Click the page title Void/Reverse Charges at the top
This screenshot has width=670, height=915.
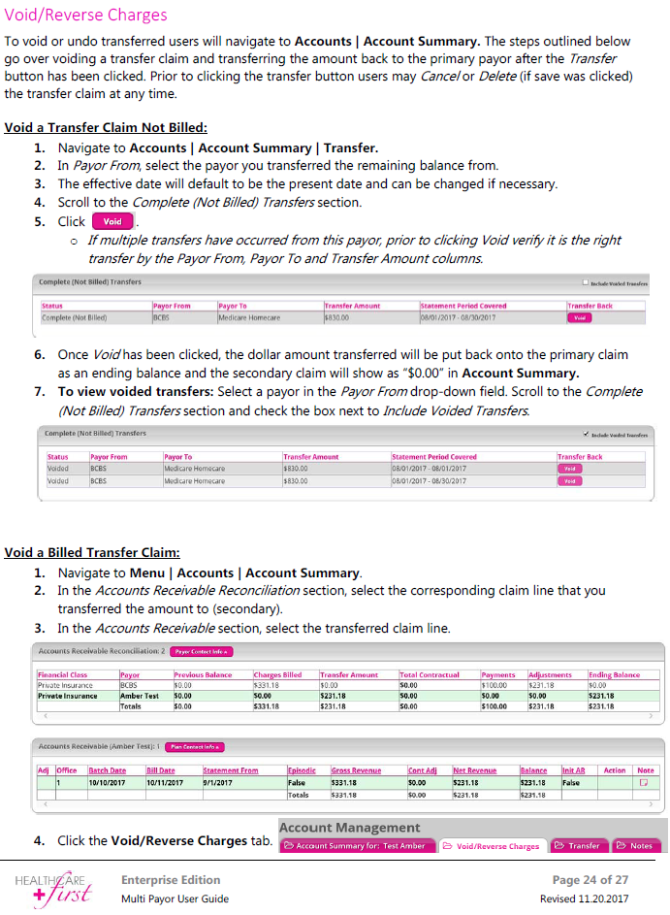pos(86,15)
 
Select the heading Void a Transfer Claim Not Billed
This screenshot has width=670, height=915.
pos(106,127)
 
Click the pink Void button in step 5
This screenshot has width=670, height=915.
pos(112,221)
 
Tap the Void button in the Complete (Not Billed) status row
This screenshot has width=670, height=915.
pos(579,317)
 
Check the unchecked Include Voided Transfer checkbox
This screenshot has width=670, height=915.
pos(586,282)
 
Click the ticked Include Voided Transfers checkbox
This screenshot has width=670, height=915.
pos(586,434)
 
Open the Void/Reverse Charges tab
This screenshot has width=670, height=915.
pos(492,846)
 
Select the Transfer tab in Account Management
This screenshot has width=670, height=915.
pos(578,846)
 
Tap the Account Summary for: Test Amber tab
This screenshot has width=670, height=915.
pos(355,846)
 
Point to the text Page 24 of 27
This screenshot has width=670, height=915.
pos(590,880)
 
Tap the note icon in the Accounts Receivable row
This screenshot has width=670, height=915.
pos(643,782)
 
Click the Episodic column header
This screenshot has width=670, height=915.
pos(302,770)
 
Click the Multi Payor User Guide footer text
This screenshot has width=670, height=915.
pos(175,899)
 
